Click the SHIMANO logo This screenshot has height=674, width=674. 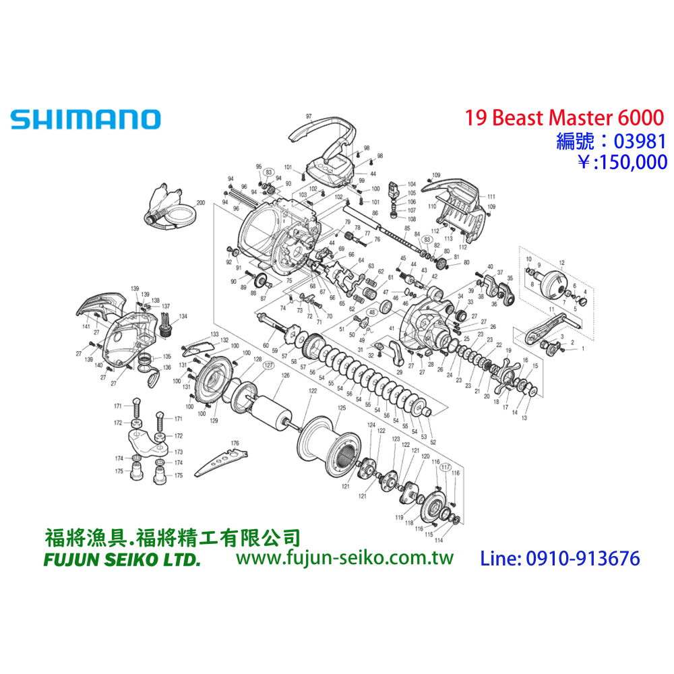tap(86, 119)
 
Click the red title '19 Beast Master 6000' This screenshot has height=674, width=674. tap(564, 117)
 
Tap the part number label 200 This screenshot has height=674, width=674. tap(200, 202)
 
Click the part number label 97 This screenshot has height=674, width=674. tap(309, 117)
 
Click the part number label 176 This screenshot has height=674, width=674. tap(235, 443)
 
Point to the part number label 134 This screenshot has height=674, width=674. tap(183, 315)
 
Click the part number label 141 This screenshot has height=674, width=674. tap(86, 326)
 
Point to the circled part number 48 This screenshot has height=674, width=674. tap(371, 313)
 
